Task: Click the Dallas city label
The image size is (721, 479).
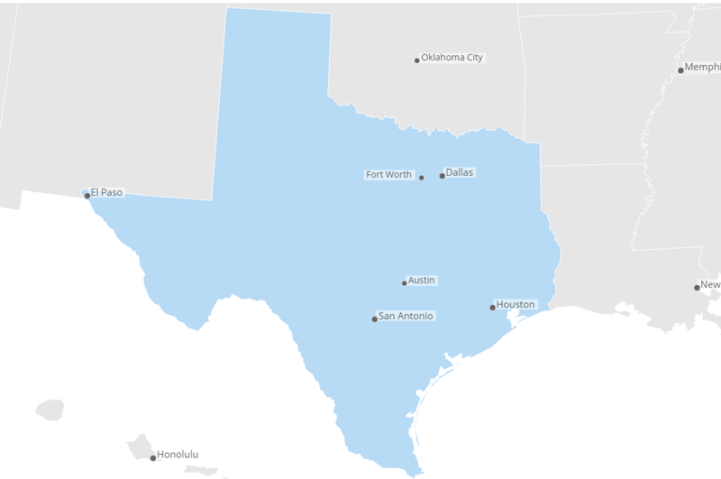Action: click(459, 172)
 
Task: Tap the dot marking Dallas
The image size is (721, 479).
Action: click(442, 176)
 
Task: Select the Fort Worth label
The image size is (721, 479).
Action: click(388, 175)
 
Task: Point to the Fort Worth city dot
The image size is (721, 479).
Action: click(421, 178)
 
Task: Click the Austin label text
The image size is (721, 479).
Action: click(421, 281)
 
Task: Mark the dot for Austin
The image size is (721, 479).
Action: click(404, 283)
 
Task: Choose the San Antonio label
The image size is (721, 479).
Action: click(406, 317)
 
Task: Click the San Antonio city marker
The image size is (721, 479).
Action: click(374, 319)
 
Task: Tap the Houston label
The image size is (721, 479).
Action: click(516, 305)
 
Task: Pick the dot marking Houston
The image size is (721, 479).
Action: click(492, 308)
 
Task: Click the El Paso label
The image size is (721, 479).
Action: click(106, 192)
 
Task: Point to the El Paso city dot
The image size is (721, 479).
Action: click(87, 196)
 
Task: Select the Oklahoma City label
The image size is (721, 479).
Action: click(452, 58)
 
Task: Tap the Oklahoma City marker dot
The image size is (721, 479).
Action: click(416, 60)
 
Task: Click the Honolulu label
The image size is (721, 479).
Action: click(178, 455)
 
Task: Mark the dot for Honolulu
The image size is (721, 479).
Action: click(152, 458)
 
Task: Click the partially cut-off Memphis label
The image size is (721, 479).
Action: click(702, 68)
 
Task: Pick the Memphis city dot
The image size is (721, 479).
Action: click(680, 70)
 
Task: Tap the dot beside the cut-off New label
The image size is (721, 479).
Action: click(697, 288)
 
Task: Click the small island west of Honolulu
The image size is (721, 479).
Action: click(50, 410)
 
